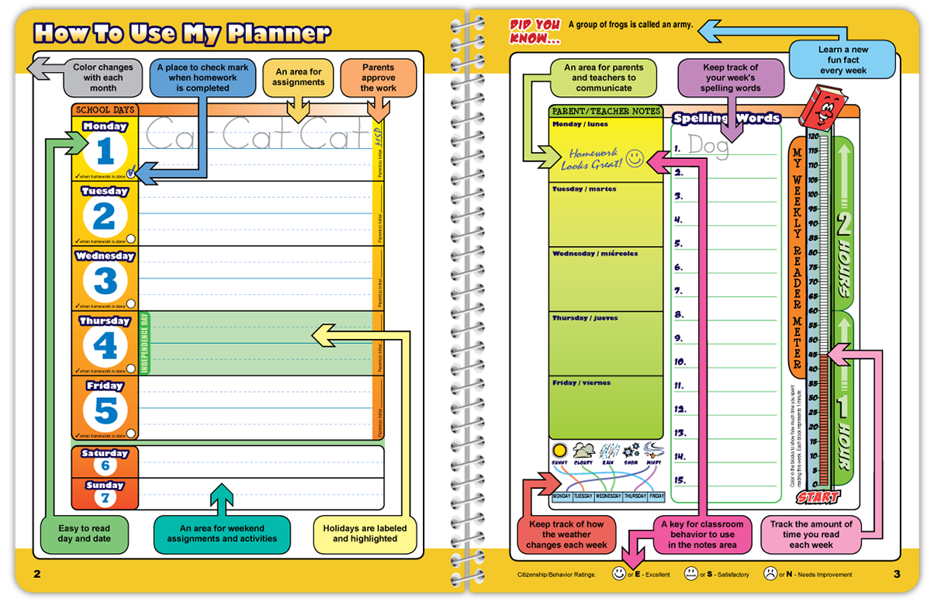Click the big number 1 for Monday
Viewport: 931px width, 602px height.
[x=105, y=152]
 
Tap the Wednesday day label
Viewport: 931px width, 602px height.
[x=105, y=256]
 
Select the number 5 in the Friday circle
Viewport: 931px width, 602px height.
[x=105, y=411]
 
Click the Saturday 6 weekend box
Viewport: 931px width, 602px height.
[x=105, y=460]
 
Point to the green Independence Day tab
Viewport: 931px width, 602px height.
[x=144, y=343]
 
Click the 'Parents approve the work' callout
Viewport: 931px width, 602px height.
[x=378, y=78]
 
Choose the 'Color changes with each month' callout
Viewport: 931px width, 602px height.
[x=103, y=78]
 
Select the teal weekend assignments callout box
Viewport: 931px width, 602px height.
[x=222, y=534]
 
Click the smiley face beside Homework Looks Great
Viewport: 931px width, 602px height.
[x=635, y=158]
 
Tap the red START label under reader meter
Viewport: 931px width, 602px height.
[x=817, y=497]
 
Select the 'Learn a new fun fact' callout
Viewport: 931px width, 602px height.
[x=843, y=61]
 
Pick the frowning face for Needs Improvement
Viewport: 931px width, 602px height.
[x=769, y=574]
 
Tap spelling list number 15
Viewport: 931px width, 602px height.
[x=680, y=480]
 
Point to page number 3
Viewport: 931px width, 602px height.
[x=897, y=574]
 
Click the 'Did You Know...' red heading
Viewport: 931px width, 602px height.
[x=534, y=31]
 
